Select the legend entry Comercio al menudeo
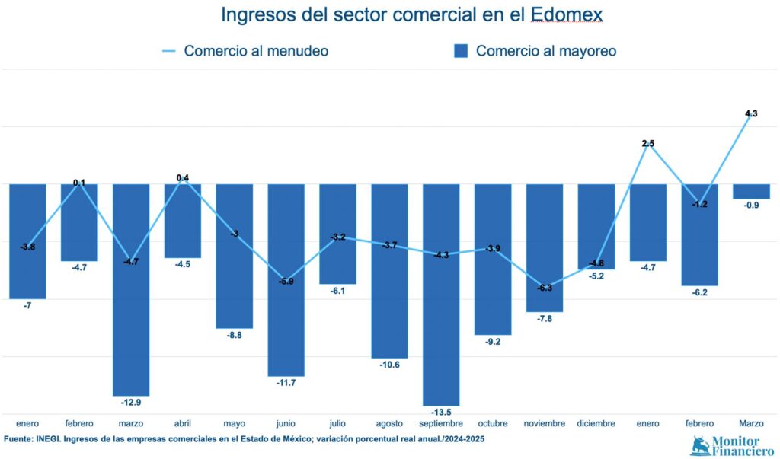point(256,51)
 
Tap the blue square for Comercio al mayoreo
point(460,51)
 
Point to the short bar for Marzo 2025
point(751,191)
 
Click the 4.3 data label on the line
point(751,113)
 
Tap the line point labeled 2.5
point(648,143)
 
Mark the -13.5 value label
point(441,412)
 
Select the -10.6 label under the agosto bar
point(389,365)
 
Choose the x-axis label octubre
point(493,423)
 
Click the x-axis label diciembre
point(596,423)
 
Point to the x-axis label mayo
point(235,423)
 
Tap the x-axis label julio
point(337,423)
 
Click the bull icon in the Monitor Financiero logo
point(699,445)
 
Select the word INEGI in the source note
point(52,440)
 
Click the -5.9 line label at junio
point(286,281)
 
